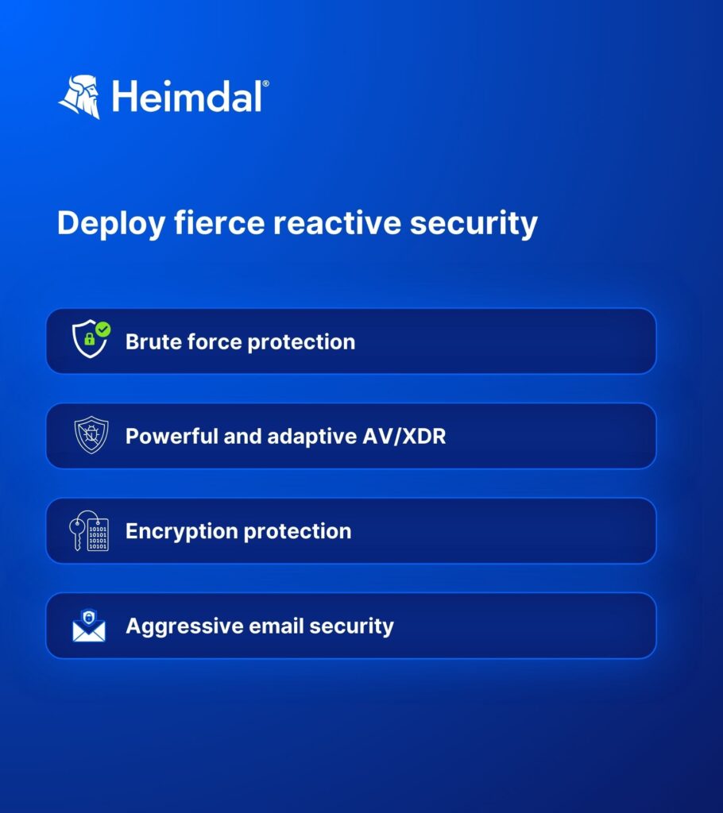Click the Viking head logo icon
pos(79,97)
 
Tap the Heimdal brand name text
pos(188,96)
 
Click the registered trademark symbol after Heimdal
pos(265,83)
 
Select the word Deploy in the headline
pos(111,224)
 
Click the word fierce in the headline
pos(219,222)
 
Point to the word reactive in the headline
pos(338,223)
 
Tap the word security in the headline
pos(474,224)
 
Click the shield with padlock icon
pos(91,339)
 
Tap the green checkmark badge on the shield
pos(103,329)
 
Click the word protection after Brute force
pos(302,342)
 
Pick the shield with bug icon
pos(91,435)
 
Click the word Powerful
pos(172,436)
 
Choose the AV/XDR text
pos(404,436)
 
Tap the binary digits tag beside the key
pos(98,534)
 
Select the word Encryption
pos(182,531)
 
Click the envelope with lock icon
pos(89,626)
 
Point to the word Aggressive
pos(185,626)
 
